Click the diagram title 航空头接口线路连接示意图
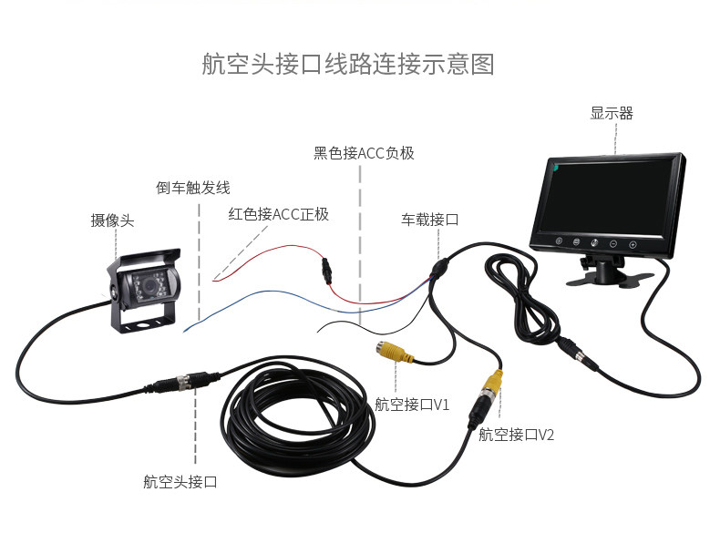coord(347,66)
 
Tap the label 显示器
coord(611,114)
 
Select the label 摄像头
coord(112,220)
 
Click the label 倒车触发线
coord(192,189)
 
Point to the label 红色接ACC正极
coord(278,215)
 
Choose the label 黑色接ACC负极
coord(364,153)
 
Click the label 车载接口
coord(429,220)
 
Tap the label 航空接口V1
coord(412,404)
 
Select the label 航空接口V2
coord(516,435)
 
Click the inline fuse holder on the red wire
coord(326,269)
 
